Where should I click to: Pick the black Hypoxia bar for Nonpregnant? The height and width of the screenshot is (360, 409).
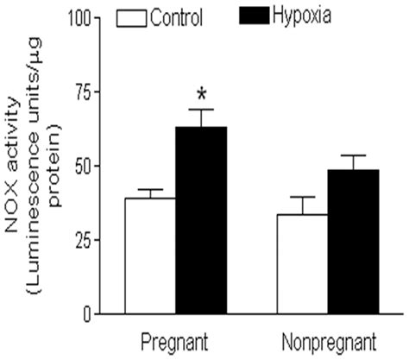point(353,242)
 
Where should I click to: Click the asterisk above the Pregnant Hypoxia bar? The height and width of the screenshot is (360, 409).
point(202,93)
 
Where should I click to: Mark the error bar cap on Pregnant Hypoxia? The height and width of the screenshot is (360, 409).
point(203,110)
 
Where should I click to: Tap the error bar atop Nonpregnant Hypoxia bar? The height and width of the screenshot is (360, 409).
point(353,161)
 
